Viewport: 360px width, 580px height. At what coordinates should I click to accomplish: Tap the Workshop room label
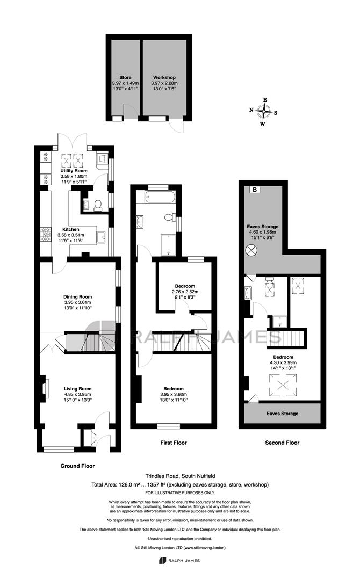164,78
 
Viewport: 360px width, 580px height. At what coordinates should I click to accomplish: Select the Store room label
125,78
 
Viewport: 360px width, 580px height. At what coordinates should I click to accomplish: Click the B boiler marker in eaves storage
255,190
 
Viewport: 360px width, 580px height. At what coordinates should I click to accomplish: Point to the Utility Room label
74,171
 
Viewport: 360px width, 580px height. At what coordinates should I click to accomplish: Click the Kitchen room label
71,230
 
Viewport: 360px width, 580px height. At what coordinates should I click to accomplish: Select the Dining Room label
78,296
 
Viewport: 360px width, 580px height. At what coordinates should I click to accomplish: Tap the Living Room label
78,389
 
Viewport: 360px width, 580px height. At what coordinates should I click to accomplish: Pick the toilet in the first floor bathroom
170,217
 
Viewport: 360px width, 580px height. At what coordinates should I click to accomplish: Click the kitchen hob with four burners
46,234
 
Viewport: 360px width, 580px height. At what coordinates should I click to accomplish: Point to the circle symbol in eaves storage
251,250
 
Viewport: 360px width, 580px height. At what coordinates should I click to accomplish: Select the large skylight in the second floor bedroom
282,386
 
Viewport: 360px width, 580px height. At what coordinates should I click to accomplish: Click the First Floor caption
174,443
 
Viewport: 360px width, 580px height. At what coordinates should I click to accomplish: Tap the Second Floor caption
282,443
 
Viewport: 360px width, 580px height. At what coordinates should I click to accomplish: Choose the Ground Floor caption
78,466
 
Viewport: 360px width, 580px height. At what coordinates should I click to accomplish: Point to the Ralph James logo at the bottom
179,561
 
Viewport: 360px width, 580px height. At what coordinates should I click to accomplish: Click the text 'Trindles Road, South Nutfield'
180,476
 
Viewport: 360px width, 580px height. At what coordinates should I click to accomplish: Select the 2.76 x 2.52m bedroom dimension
185,292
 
